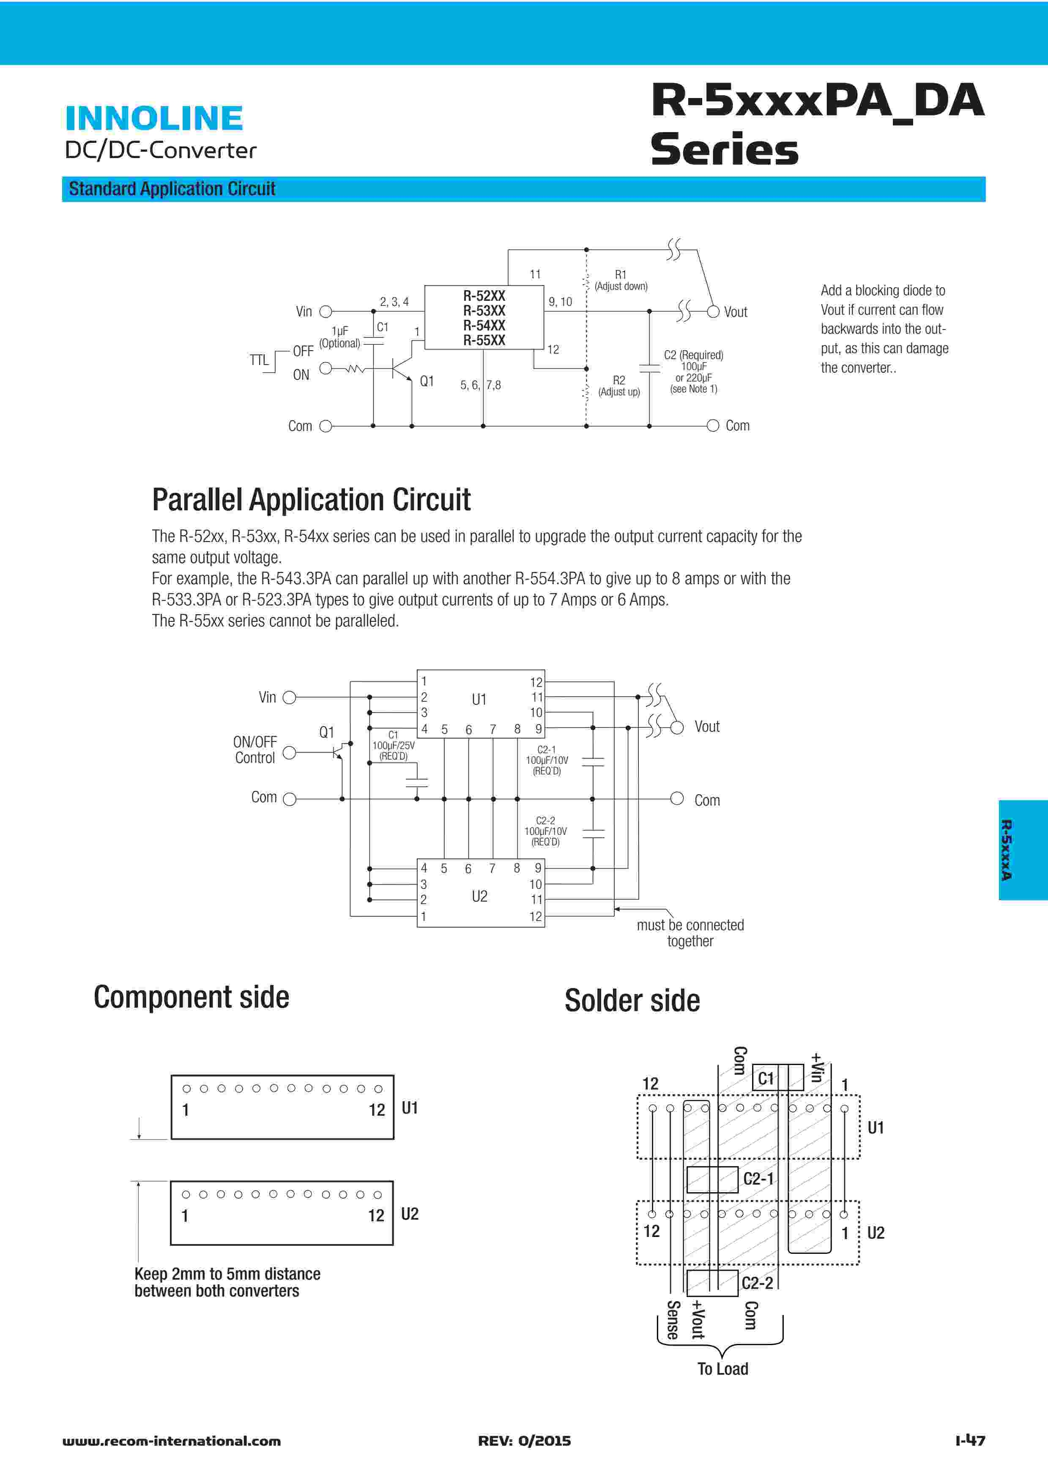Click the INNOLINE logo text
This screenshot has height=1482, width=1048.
pos(154,118)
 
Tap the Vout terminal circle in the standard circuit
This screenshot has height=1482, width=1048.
pos(713,312)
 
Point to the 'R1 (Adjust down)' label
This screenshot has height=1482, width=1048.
pos(621,280)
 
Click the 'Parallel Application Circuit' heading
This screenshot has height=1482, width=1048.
pos(311,500)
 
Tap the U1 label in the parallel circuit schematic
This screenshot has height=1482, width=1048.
pos(479,700)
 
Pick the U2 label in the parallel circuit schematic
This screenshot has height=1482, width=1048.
pos(479,896)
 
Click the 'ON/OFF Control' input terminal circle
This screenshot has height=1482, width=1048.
pos(289,753)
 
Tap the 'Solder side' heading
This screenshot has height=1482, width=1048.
pos(632,1000)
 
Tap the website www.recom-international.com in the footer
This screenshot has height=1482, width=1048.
pos(172,1441)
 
